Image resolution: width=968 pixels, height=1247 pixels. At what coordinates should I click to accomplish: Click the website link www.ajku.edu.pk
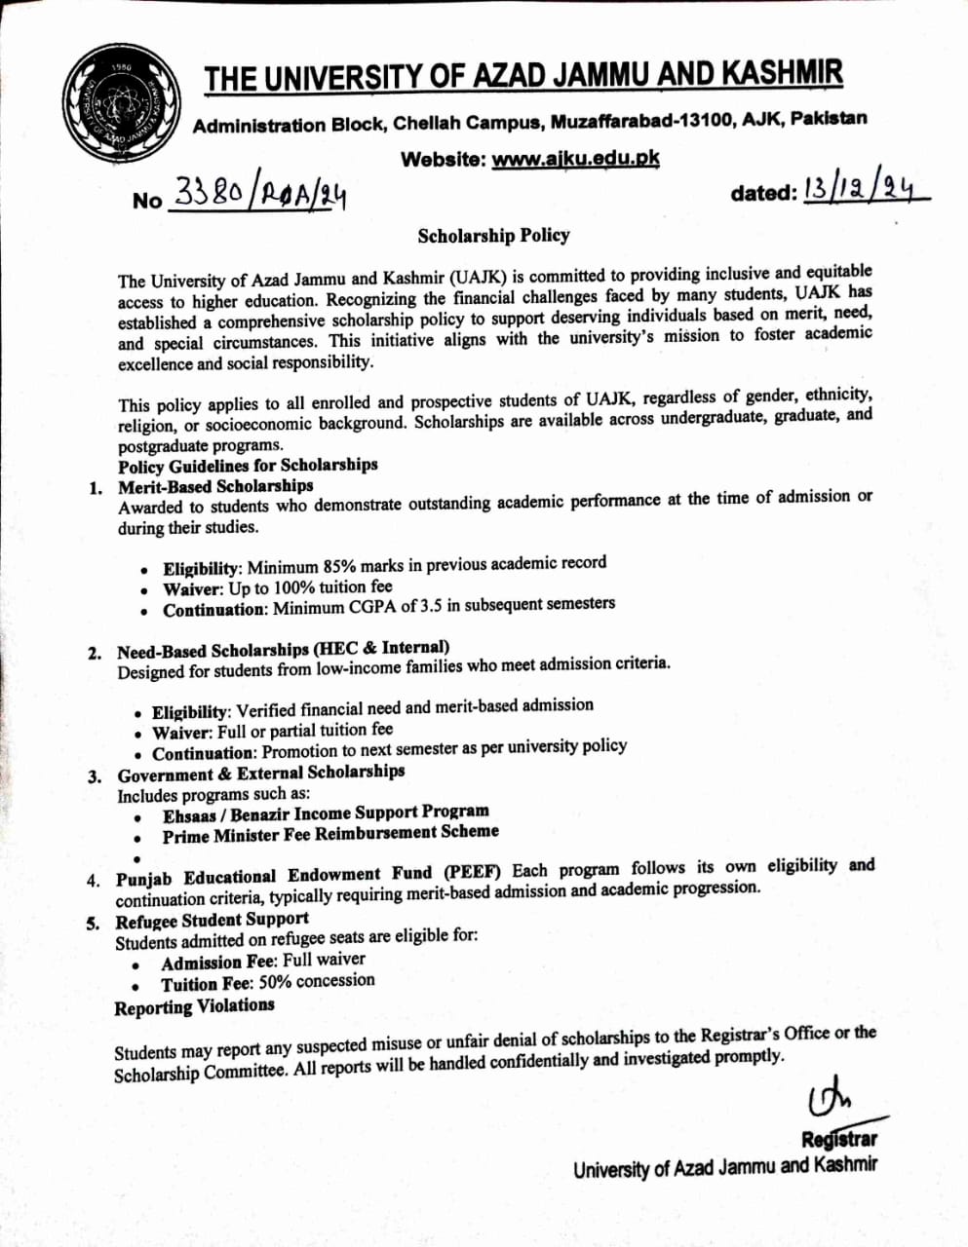575,159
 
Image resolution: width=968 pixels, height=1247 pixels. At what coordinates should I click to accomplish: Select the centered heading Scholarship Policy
493,235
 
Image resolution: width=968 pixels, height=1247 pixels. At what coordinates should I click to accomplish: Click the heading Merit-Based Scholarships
215,485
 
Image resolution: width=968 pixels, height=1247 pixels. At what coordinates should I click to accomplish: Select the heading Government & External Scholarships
260,773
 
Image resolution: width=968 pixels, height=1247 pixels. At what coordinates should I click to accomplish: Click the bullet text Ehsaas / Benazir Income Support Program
326,812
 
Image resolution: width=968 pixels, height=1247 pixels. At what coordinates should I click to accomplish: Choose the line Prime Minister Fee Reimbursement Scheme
330,834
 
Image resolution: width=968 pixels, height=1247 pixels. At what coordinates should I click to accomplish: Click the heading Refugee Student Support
212,920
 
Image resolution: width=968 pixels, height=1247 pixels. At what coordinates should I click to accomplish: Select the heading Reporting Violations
194,1006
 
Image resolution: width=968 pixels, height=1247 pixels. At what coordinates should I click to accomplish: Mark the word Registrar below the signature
838,1138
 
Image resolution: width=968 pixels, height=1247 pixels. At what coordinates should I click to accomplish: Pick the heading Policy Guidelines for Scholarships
248,465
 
